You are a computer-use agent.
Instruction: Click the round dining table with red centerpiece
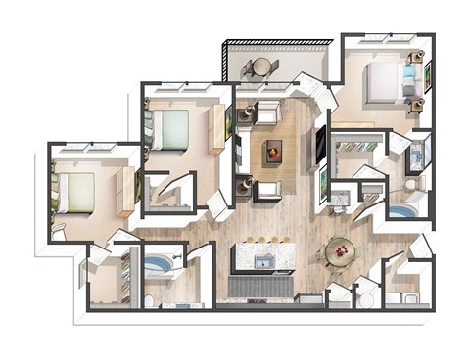tap(341, 251)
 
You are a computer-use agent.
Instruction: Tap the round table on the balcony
tap(261, 67)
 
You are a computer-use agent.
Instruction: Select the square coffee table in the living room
tap(273, 150)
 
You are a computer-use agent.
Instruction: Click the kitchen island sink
tap(261, 261)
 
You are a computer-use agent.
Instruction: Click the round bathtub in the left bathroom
tap(158, 265)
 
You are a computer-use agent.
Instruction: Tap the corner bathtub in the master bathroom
tap(400, 210)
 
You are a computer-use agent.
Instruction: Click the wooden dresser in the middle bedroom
tap(215, 128)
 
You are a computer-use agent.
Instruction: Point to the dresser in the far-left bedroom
tap(125, 193)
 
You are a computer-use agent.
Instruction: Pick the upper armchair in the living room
tap(268, 112)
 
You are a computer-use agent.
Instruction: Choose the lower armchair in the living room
tap(266, 189)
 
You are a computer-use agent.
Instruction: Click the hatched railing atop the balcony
tap(279, 41)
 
